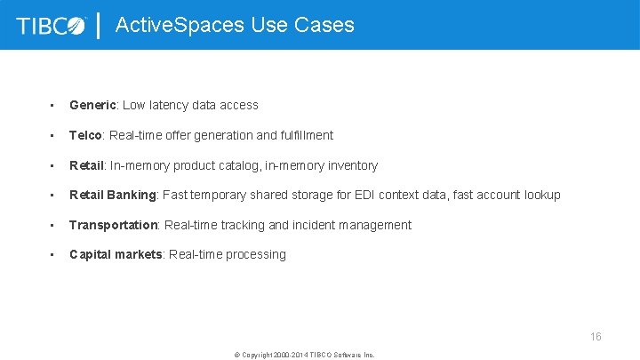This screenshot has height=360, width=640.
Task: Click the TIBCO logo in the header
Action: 52,25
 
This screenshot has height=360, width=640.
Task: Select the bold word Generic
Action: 92,105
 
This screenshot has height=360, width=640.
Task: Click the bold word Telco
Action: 86,135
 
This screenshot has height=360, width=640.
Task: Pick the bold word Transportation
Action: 113,225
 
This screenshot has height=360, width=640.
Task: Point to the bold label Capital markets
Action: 115,254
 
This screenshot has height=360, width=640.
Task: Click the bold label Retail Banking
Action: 112,195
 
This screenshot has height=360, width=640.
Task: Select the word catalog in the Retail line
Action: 238,165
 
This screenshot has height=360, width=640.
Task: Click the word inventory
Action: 349,165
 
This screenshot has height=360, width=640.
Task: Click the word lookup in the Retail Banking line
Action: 542,195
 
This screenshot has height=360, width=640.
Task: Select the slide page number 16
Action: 596,337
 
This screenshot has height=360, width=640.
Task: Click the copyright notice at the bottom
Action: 304,354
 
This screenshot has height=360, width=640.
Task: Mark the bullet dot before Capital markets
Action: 53,254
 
